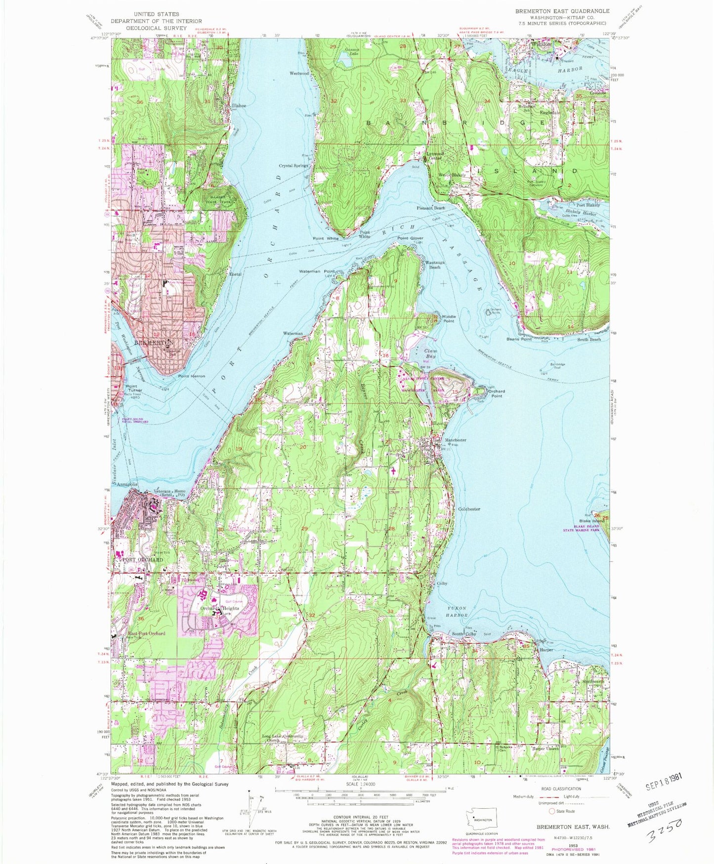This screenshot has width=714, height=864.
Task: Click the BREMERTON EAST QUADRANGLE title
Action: point(562,11)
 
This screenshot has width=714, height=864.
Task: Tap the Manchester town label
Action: point(455,440)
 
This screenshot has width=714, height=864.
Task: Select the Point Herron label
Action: point(191,376)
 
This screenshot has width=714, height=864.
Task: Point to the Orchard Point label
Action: point(496,393)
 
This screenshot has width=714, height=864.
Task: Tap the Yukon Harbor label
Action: point(457,612)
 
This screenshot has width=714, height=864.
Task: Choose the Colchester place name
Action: point(469,509)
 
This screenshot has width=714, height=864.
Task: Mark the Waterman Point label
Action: point(317,272)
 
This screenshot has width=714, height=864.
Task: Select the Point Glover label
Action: point(411,238)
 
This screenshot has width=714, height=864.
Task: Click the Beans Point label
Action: point(519,339)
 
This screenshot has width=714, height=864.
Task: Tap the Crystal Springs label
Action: point(294,166)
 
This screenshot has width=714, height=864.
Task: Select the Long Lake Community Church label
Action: point(283,738)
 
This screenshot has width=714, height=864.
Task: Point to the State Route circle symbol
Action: point(552,811)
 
